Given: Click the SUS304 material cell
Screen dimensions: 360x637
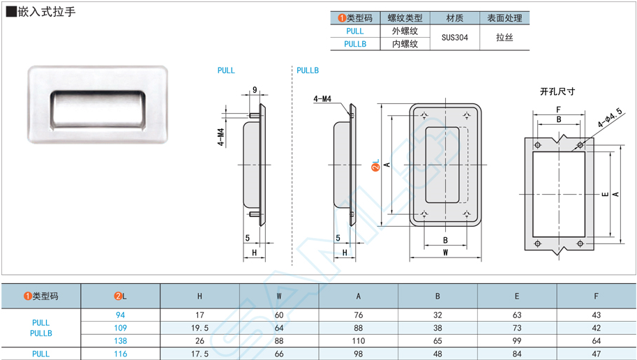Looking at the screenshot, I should pyautogui.click(x=454, y=38).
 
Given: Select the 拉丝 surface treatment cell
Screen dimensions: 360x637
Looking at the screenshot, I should pyautogui.click(x=504, y=38).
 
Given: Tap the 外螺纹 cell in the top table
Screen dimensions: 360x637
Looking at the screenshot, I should pyautogui.click(x=405, y=31).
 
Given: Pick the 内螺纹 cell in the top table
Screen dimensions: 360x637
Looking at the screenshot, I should pyautogui.click(x=405, y=44).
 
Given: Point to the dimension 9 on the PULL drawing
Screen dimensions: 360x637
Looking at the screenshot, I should pyautogui.click(x=255, y=90).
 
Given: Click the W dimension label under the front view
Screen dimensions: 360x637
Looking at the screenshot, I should pyautogui.click(x=445, y=253).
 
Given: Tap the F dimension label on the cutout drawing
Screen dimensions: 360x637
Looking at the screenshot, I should pyautogui.click(x=558, y=110).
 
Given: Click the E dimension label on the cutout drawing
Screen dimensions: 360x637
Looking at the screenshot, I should pyautogui.click(x=605, y=194).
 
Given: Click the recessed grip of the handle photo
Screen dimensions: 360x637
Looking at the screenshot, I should pyautogui.click(x=98, y=107).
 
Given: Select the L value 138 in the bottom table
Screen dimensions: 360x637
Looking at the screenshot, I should pyautogui.click(x=121, y=341).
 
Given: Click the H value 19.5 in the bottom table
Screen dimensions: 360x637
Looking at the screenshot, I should pyautogui.click(x=200, y=328).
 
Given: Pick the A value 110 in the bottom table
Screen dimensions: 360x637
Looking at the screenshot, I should pyautogui.click(x=359, y=341).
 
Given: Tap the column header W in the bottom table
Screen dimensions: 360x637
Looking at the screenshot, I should pyautogui.click(x=279, y=297).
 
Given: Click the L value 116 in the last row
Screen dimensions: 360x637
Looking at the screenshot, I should pyautogui.click(x=121, y=354).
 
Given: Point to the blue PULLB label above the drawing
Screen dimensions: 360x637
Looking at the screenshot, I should pyautogui.click(x=307, y=70).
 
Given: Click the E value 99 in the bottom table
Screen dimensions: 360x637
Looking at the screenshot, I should pyautogui.click(x=517, y=341).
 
